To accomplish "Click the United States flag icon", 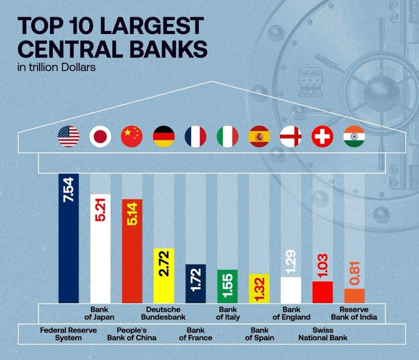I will coord(69,136).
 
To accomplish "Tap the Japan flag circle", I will coord(100,136).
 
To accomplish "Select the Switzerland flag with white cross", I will coord(322,136).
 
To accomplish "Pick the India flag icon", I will coord(354,136).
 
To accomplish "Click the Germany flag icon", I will coord(164,136).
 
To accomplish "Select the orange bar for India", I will coord(354,295).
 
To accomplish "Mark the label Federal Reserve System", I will coord(69,334).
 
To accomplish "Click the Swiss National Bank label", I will coord(322,334).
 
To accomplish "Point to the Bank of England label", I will coord(291,313).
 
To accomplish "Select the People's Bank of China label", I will coord(132,334).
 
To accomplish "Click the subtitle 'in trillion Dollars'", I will coord(57,67).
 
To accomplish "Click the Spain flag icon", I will coord(259,136).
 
